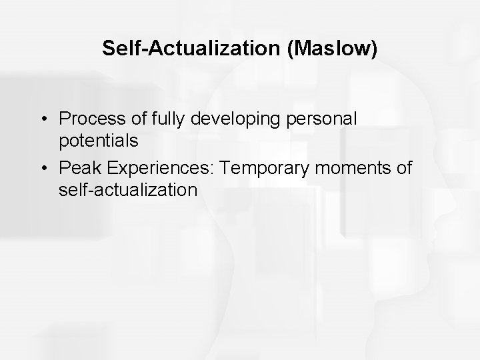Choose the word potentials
pyautogui.click(x=98, y=141)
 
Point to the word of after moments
pyautogui.click(x=404, y=169)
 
